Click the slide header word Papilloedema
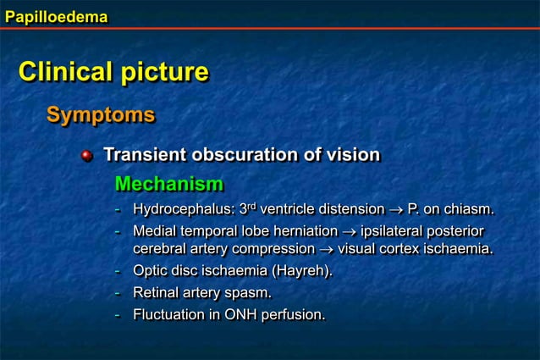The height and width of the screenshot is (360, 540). pyautogui.click(x=56, y=15)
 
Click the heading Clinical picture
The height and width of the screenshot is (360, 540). pyautogui.click(x=113, y=72)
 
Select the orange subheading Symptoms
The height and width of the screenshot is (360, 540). pyautogui.click(x=101, y=114)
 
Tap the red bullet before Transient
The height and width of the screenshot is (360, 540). pyautogui.click(x=86, y=156)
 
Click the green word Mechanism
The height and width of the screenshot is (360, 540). pyautogui.click(x=168, y=184)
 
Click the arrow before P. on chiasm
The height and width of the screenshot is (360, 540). pyautogui.click(x=395, y=209)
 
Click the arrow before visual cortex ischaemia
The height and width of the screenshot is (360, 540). pyautogui.click(x=326, y=249)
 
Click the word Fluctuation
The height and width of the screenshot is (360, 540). pyautogui.click(x=168, y=315)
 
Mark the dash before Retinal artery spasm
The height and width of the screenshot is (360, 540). pyautogui.click(x=118, y=293)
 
